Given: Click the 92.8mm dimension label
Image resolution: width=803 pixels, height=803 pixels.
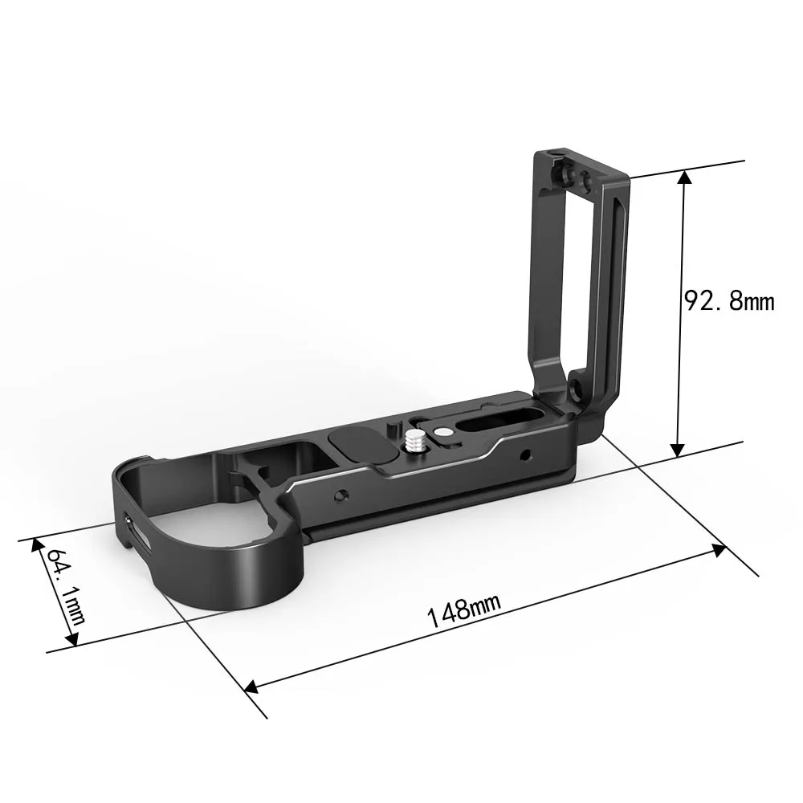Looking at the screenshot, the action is (729, 301).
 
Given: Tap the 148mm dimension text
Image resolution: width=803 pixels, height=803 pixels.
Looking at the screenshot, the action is (463, 610).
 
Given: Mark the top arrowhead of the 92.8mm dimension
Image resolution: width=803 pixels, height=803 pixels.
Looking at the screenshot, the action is (685, 176).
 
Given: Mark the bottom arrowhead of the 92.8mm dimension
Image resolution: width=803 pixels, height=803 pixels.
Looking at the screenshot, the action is (678, 450).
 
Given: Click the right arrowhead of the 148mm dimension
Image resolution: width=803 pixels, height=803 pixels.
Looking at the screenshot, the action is (719, 551).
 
